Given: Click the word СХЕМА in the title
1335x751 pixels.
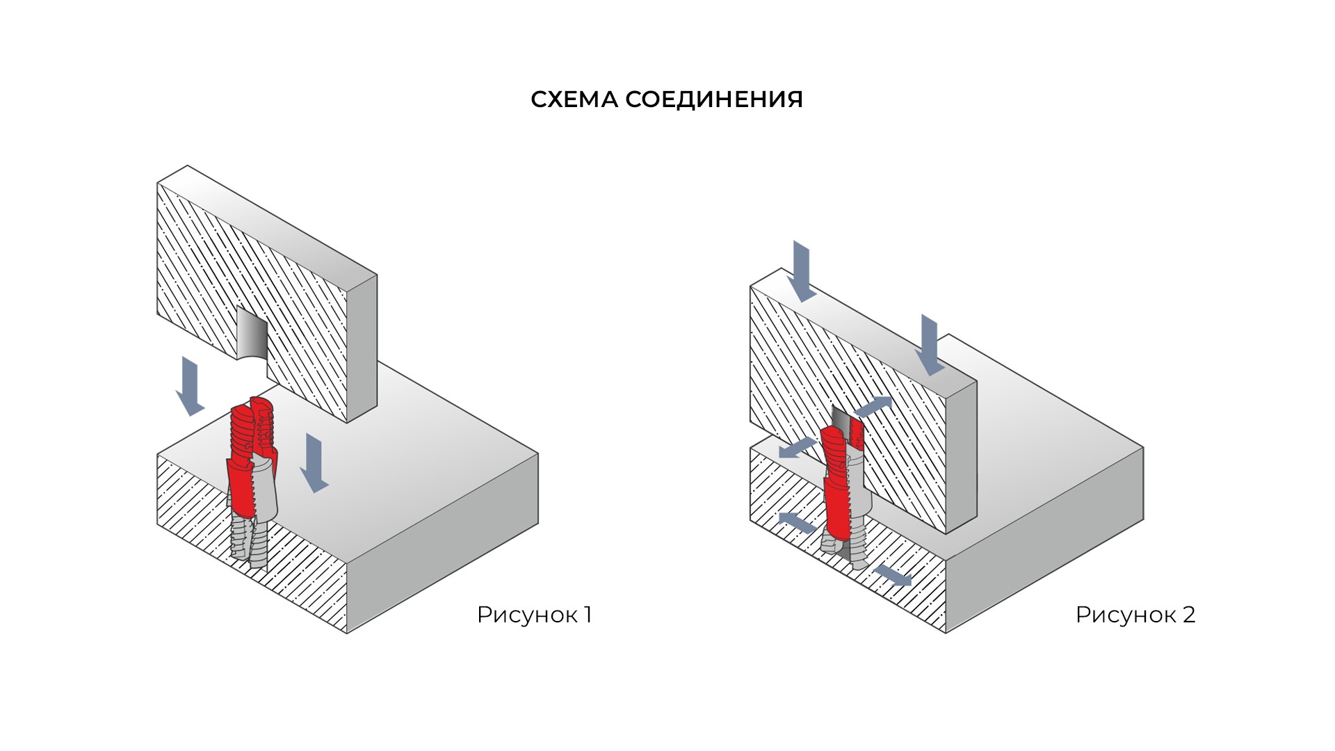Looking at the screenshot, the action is click(574, 99).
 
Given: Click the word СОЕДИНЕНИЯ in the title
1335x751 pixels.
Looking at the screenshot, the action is click(714, 99).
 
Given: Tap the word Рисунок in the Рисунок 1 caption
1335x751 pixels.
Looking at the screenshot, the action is click(528, 615).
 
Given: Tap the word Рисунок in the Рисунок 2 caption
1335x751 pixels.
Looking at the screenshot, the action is click(1126, 615).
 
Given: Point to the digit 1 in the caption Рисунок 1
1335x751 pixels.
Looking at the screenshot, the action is click(588, 615).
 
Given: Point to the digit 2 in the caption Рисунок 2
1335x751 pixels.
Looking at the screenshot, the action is click(1188, 615).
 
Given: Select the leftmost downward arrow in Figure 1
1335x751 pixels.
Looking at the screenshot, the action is click(190, 386).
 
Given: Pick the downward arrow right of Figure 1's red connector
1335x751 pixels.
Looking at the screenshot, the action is click(314, 462).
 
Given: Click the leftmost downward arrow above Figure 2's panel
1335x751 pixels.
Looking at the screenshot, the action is click(803, 271).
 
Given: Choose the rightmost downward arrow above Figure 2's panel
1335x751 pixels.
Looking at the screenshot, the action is click(930, 345).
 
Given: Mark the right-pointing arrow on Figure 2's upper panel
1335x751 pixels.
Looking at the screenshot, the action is click(873, 406).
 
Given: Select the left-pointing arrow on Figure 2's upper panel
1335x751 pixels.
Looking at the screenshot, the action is click(797, 448).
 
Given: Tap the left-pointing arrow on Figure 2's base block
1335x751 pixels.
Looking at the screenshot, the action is click(797, 522).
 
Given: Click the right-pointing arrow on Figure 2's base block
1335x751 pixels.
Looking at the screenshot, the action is click(892, 574).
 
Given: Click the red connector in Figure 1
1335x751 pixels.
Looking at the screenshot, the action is click(252, 459).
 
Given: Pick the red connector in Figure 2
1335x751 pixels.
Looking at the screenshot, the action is click(842, 480).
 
